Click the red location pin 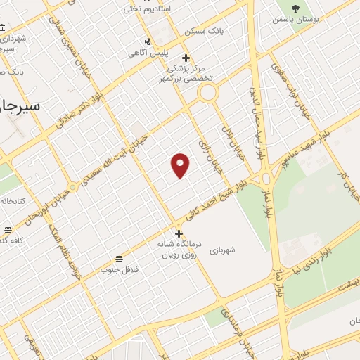click(x=181, y=165)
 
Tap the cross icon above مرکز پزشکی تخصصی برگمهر click(x=186, y=58)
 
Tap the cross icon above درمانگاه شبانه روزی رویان click(x=179, y=233)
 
